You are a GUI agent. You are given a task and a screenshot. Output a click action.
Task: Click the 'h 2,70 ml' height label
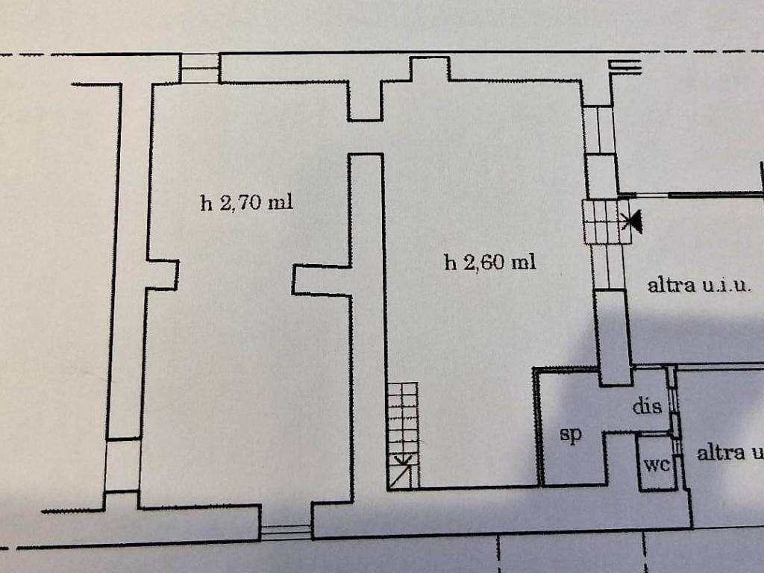[246, 202]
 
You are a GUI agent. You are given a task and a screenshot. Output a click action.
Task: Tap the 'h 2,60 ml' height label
[490, 263]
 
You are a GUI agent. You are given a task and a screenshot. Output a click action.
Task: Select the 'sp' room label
[570, 433]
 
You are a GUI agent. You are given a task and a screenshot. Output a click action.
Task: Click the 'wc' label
[657, 464]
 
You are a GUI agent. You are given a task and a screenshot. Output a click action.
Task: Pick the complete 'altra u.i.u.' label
[698, 284]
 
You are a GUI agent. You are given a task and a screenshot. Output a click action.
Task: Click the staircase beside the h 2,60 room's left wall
[403, 436]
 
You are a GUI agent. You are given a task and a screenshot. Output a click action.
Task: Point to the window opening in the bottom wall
[286, 532]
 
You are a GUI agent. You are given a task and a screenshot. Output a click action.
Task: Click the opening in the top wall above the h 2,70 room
[200, 68]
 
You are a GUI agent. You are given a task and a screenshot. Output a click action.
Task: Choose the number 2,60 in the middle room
[484, 263]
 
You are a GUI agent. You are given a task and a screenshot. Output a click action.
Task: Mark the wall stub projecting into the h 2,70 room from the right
[322, 280]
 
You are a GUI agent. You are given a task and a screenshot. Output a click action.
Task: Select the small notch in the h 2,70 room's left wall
[162, 275]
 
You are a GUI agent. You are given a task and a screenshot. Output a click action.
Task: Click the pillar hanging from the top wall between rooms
[365, 101]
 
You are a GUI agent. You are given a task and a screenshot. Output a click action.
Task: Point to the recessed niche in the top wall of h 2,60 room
[429, 69]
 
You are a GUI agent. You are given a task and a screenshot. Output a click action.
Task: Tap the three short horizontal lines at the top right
[624, 66]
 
